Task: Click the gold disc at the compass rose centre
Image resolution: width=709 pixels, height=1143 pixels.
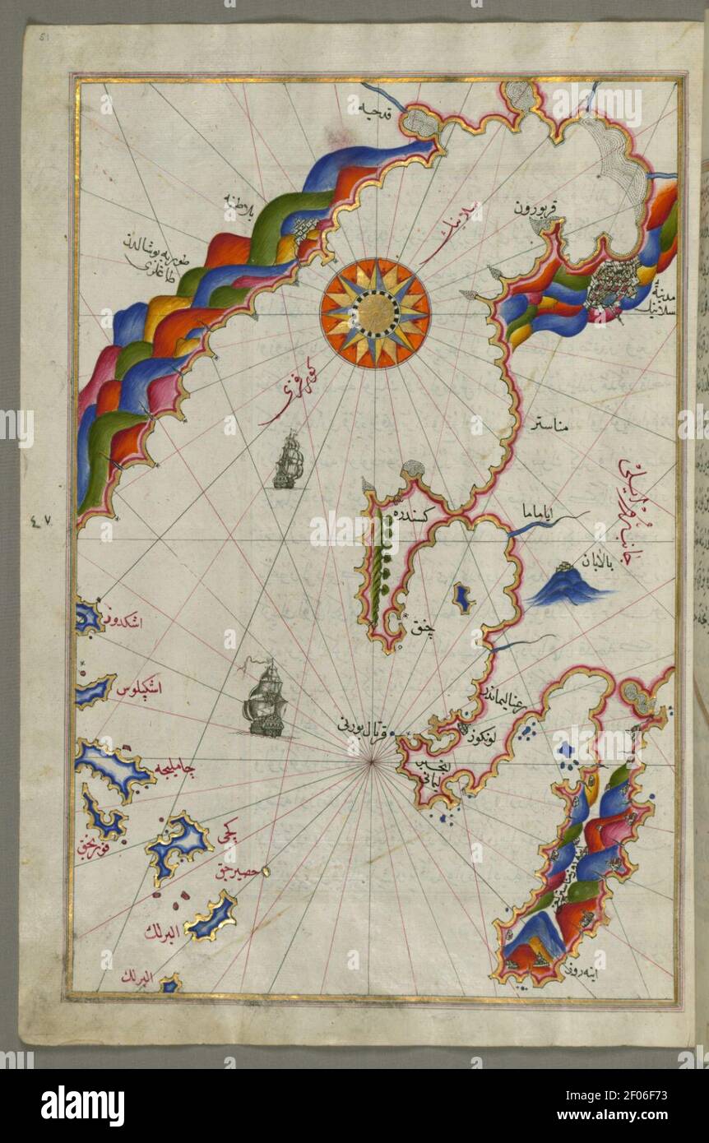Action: click(375, 312)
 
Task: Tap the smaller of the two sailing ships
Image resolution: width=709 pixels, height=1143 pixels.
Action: click(288, 461)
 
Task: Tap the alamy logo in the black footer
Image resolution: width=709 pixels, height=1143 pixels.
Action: click(82, 1105)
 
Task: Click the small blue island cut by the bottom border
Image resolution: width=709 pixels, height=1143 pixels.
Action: click(170, 983)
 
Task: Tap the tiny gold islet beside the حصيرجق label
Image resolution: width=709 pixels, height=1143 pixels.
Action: click(265, 868)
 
